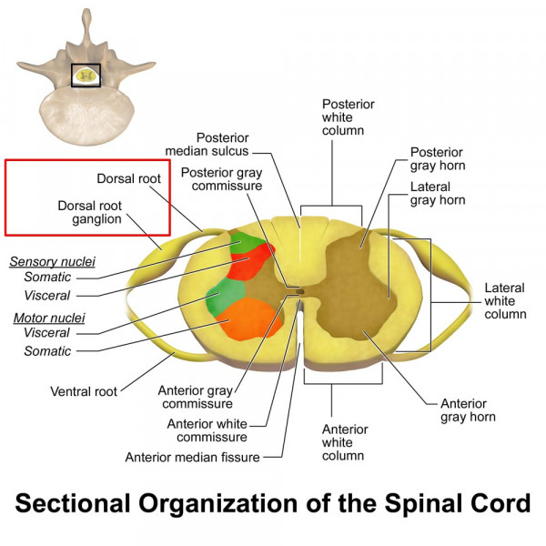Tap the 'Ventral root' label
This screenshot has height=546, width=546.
(84, 391)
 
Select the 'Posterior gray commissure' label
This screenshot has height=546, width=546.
(221, 179)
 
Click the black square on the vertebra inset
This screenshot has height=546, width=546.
(86, 76)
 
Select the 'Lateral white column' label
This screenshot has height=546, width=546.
(505, 300)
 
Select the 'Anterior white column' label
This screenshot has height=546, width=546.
(345, 442)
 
